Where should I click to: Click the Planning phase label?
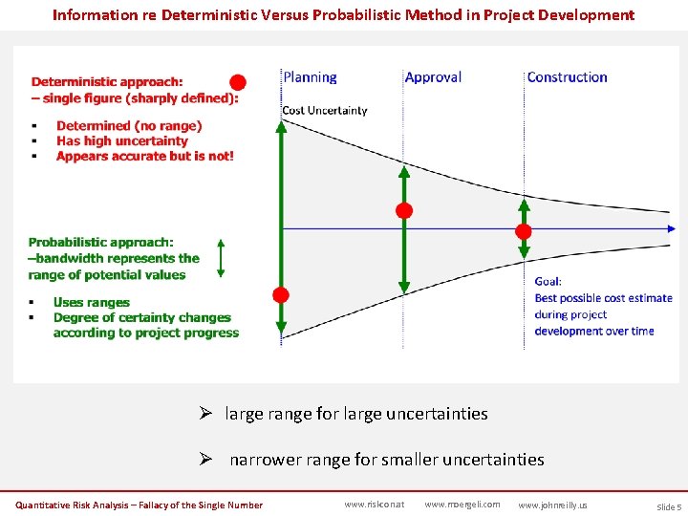coord(310,77)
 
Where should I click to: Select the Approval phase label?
coord(433,77)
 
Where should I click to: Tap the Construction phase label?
coord(567,77)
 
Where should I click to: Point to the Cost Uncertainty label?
coord(324,111)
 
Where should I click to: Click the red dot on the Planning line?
coord(281,294)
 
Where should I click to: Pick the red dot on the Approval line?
coord(404,210)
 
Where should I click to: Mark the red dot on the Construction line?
coord(524,231)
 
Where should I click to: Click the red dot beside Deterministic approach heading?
coord(238,82)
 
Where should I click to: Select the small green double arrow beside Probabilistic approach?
coord(221,258)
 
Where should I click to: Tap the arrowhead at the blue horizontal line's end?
coord(672,228)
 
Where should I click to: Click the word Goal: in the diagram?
coord(548,282)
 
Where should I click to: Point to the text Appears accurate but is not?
coord(144,156)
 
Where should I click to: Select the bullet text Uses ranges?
coord(92,302)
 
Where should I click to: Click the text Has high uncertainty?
coord(122,140)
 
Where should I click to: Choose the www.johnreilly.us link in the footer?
coord(552,505)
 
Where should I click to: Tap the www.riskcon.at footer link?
coord(375,505)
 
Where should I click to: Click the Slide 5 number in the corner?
coord(668,506)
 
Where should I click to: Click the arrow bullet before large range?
coord(204,414)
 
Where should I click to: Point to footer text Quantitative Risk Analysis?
coord(76,505)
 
